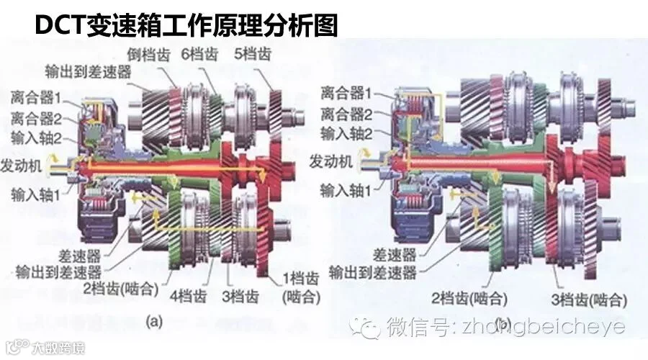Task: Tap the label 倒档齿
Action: [149, 54]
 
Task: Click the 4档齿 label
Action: [189, 296]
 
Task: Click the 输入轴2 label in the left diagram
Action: [37, 136]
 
